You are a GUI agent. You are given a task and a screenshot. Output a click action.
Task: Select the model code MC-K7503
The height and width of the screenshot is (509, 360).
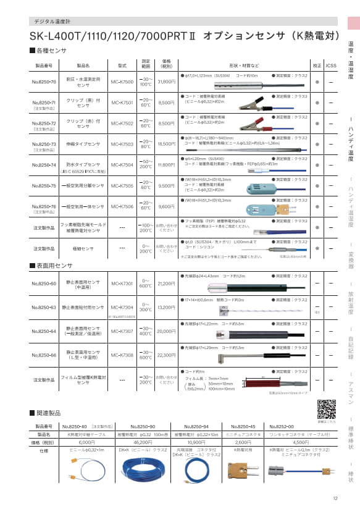click(122, 144)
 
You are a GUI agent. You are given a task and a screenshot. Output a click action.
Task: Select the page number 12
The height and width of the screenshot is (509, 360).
click(335, 499)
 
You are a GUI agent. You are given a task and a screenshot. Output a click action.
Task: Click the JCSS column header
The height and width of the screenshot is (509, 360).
click(332, 64)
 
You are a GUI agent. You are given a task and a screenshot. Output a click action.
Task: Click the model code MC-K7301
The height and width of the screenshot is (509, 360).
click(122, 284)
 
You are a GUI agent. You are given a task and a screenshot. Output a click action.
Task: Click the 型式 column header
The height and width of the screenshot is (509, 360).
click(122, 64)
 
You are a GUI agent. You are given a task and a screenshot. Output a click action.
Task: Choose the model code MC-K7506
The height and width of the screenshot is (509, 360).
click(122, 206)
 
